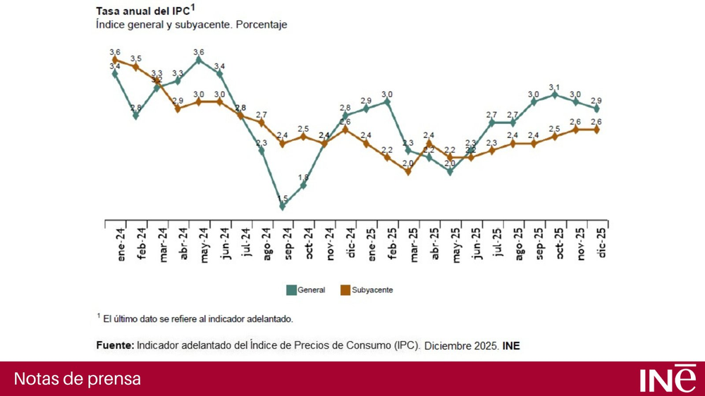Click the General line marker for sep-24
pyautogui.click(x=283, y=206)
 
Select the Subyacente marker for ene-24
pyautogui.click(x=115, y=60)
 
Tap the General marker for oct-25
pyautogui.click(x=555, y=94)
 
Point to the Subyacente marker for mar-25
pyautogui.click(x=408, y=171)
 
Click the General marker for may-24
pyautogui.click(x=199, y=60)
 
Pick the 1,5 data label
pyautogui.click(x=283, y=198)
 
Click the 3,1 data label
pyautogui.click(x=555, y=86)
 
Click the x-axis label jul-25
pyautogui.click(x=497, y=244)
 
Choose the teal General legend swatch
pyautogui.click(x=290, y=290)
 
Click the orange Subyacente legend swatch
pyautogui.click(x=345, y=290)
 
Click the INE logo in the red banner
pyautogui.click(x=667, y=378)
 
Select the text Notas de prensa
pyautogui.click(x=78, y=379)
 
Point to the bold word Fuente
pyautogui.click(x=115, y=345)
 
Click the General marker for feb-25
pyautogui.click(x=387, y=101)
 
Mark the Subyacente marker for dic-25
pyautogui.click(x=597, y=130)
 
